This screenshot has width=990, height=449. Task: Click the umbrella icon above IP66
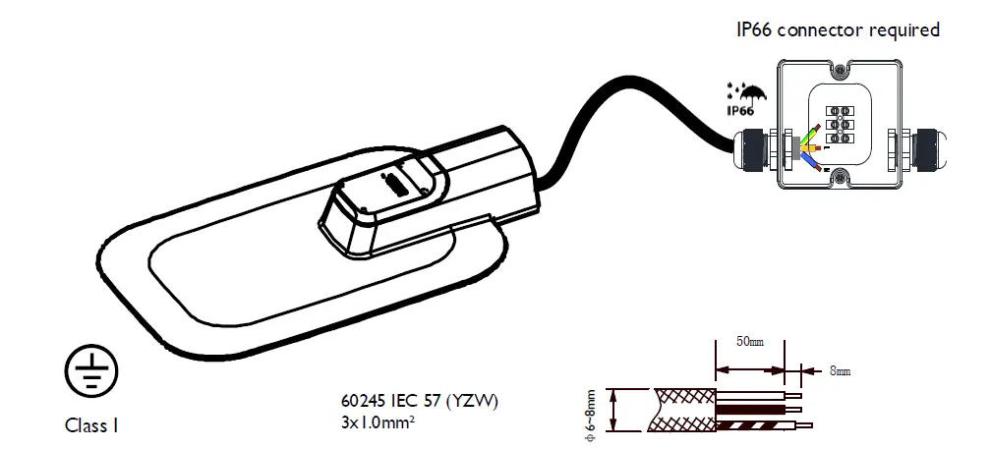(753, 95)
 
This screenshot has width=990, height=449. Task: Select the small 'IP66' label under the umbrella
(742, 111)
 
